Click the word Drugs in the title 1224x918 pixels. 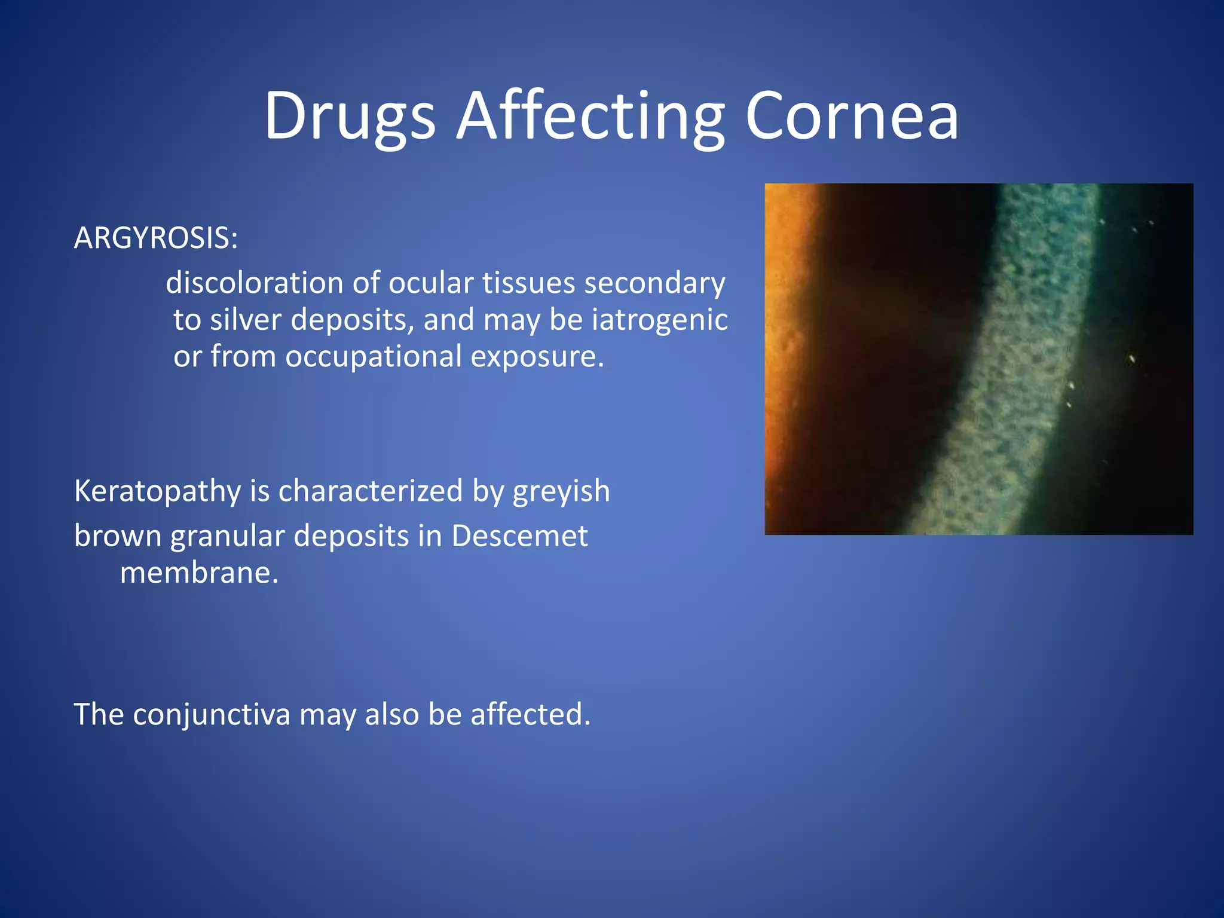click(350, 117)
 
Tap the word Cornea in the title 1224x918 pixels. click(852, 117)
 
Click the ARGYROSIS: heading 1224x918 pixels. click(156, 238)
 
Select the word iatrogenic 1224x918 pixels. click(660, 320)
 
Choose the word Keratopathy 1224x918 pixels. click(157, 492)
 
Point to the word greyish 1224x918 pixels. click(561, 492)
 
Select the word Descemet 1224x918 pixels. click(519, 536)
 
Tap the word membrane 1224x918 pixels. click(199, 573)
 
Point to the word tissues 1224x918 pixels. click(528, 283)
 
